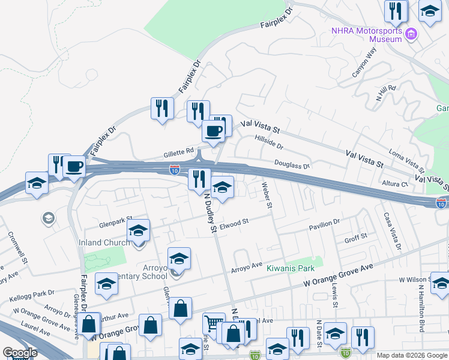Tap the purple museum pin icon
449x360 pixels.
pyautogui.click(x=411, y=34)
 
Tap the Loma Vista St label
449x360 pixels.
pyautogui.click(x=406, y=160)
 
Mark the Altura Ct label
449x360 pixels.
pyautogui.click(x=396, y=184)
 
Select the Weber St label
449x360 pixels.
pyautogui.click(x=267, y=197)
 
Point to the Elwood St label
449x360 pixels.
pyautogui.click(x=234, y=223)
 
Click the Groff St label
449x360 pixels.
pyautogui.click(x=356, y=238)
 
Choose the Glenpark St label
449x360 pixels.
pyautogui.click(x=116, y=223)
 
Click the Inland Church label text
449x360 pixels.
pyautogui.click(x=104, y=242)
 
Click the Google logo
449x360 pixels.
pyautogui.click(x=20, y=353)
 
